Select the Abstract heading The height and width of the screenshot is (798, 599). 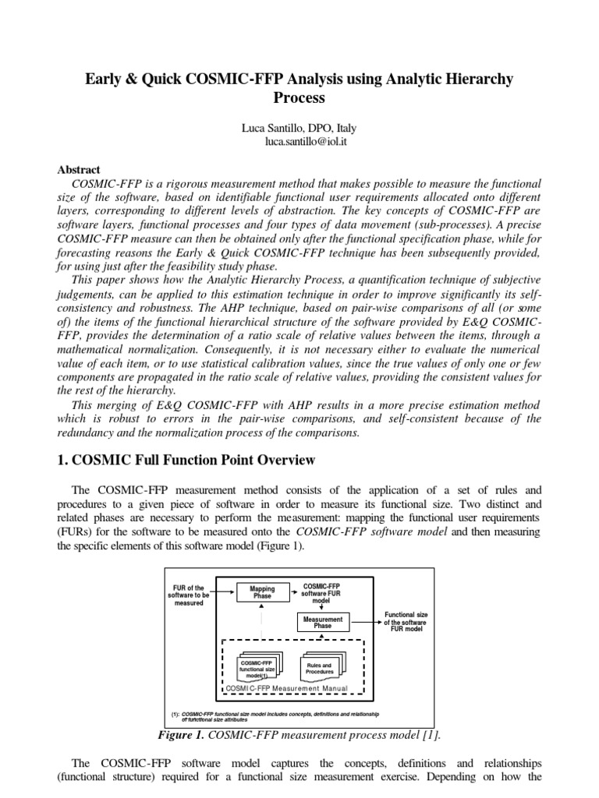tap(80, 169)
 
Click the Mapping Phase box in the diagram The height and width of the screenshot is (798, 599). tap(261, 593)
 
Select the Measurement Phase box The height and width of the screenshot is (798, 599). tap(322, 623)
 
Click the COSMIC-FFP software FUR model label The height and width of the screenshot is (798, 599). tap(321, 592)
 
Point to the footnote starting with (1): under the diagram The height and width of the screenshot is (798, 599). tap(275, 716)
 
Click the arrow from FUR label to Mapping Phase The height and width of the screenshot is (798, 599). tap(222, 593)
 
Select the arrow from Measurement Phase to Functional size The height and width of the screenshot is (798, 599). tap(364, 622)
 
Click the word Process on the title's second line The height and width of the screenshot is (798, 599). tap(299, 98)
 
